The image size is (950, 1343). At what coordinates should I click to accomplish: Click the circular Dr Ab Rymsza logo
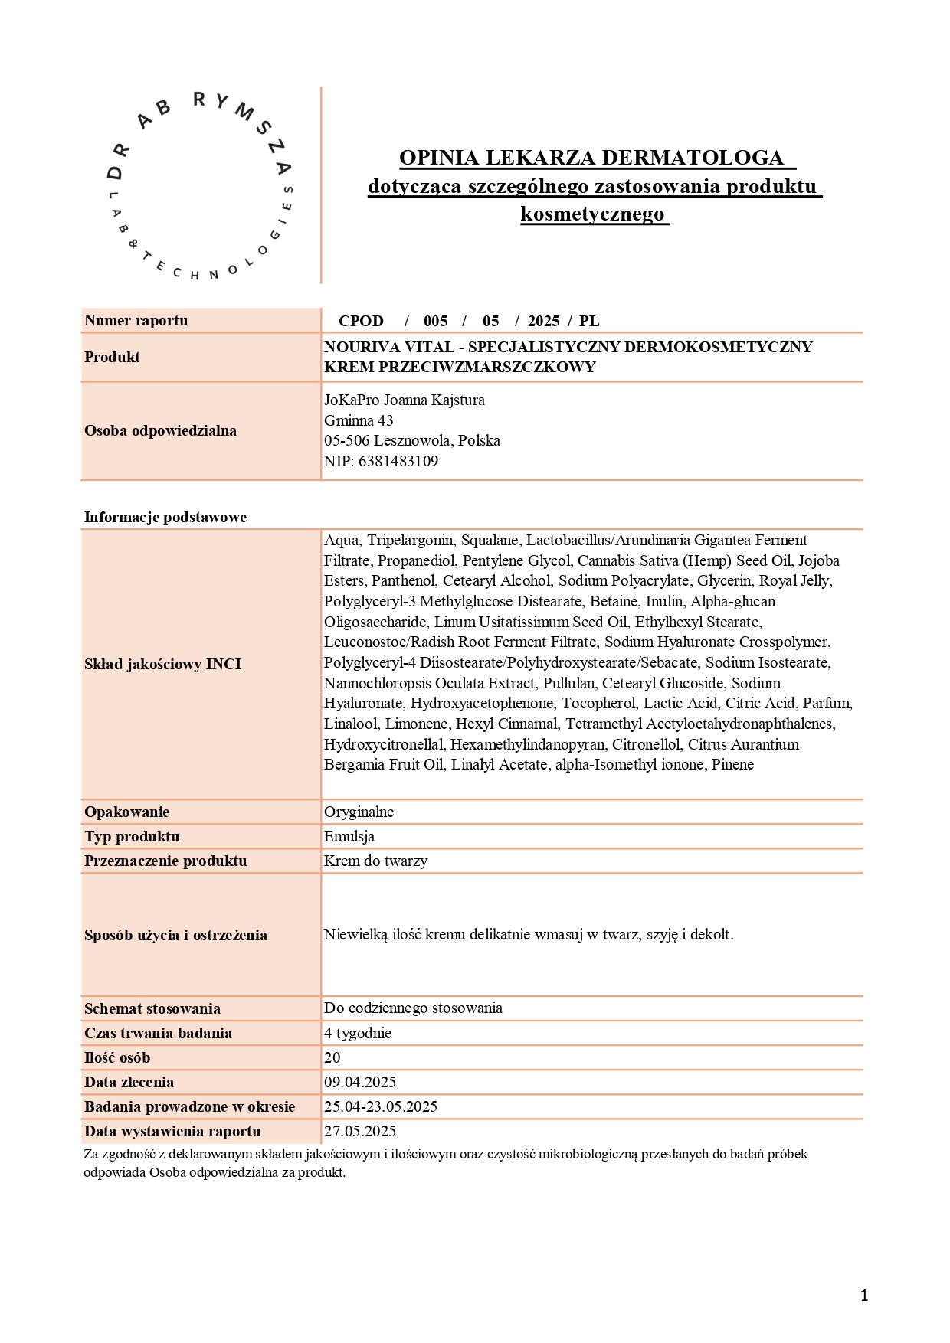tap(200, 186)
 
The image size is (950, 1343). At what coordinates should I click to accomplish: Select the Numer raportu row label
tap(136, 320)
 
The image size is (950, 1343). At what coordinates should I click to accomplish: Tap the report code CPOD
tap(361, 321)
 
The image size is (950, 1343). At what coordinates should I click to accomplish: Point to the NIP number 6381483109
tap(398, 461)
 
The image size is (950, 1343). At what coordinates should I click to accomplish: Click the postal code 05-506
tap(346, 440)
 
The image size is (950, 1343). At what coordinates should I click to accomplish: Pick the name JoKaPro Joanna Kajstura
tap(405, 400)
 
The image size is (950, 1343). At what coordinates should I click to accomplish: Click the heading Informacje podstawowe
tap(165, 517)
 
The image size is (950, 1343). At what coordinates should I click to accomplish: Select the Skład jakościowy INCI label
tap(163, 664)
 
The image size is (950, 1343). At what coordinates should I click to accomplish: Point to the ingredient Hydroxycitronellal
tap(384, 744)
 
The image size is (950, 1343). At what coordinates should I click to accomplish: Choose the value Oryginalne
tap(359, 812)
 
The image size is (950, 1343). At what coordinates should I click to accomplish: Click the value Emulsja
tap(349, 836)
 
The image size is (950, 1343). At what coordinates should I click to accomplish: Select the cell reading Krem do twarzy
tap(375, 861)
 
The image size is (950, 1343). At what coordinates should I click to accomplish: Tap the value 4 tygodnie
tap(358, 1033)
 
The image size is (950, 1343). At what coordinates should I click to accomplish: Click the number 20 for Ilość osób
tap(332, 1057)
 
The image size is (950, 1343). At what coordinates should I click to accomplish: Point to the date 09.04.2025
tap(360, 1082)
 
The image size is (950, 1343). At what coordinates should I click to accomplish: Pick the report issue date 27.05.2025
tap(360, 1131)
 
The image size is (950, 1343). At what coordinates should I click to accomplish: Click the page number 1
tap(864, 1296)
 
